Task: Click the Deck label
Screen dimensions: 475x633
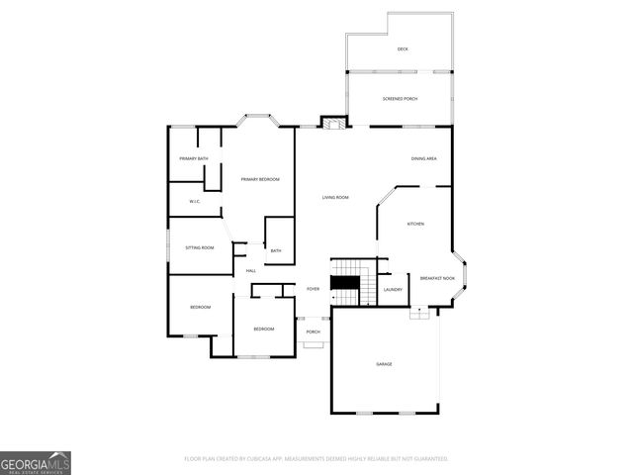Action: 403,48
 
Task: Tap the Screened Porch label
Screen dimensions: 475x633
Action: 403,98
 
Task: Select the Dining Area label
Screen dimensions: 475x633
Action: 424,158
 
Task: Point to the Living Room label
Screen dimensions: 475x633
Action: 335,198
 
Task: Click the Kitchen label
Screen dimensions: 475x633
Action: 415,224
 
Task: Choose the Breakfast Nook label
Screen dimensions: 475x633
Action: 437,279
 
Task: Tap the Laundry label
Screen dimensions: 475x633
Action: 393,290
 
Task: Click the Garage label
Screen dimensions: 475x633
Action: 384,364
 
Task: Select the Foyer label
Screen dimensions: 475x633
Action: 313,289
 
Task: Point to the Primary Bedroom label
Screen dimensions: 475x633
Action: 260,179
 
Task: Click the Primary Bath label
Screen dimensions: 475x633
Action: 193,159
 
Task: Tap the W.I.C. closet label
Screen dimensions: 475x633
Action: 195,202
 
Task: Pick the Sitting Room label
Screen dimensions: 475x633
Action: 199,247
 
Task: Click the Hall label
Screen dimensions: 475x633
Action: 251,270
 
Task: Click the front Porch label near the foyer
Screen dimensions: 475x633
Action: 313,332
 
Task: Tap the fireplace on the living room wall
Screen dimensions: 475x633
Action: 334,124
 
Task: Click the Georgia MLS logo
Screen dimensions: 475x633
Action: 36,463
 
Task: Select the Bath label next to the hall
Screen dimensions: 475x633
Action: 276,250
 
